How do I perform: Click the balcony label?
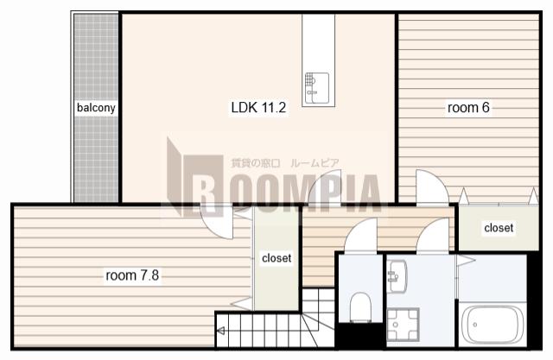pyautogui.click(x=96, y=107)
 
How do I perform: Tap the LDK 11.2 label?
pyautogui.click(x=258, y=107)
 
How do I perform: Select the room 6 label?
pyautogui.click(x=468, y=107)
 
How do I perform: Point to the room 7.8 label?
pyautogui.click(x=132, y=275)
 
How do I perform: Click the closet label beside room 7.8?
pyautogui.click(x=276, y=258)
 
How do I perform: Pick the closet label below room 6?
pyautogui.click(x=499, y=228)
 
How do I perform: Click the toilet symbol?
pyautogui.click(x=360, y=307)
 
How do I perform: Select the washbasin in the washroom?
pyautogui.click(x=397, y=276)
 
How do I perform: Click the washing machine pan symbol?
pyautogui.click(x=404, y=324)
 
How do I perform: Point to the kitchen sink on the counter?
pyautogui.click(x=317, y=88)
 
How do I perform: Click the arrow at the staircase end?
pyautogui.click(x=221, y=331)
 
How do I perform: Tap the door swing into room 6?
pyautogui.click(x=432, y=186)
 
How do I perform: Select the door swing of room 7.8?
pyautogui.click(x=217, y=223)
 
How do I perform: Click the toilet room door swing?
pyautogui.click(x=360, y=235)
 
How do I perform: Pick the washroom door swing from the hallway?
pyautogui.click(x=432, y=235)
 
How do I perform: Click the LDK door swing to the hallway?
pyautogui.click(x=325, y=186)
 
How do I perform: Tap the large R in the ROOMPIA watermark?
pyautogui.click(x=204, y=186)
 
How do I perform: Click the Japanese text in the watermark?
pyautogui.click(x=285, y=163)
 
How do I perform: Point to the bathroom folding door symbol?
pyautogui.click(x=466, y=261)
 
